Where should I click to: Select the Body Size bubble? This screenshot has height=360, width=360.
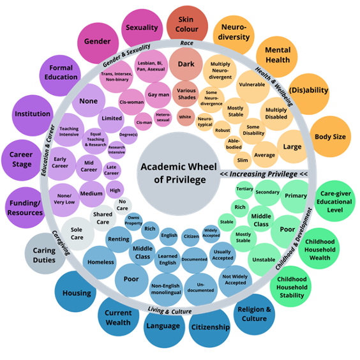point(331,137)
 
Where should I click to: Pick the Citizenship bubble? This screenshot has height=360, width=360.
point(209,327)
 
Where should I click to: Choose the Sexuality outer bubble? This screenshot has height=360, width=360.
point(142,29)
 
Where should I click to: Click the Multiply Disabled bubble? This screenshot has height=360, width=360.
point(276,114)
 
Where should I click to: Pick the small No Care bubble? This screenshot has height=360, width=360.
point(122,204)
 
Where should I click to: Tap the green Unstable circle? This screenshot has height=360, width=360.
point(264,260)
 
